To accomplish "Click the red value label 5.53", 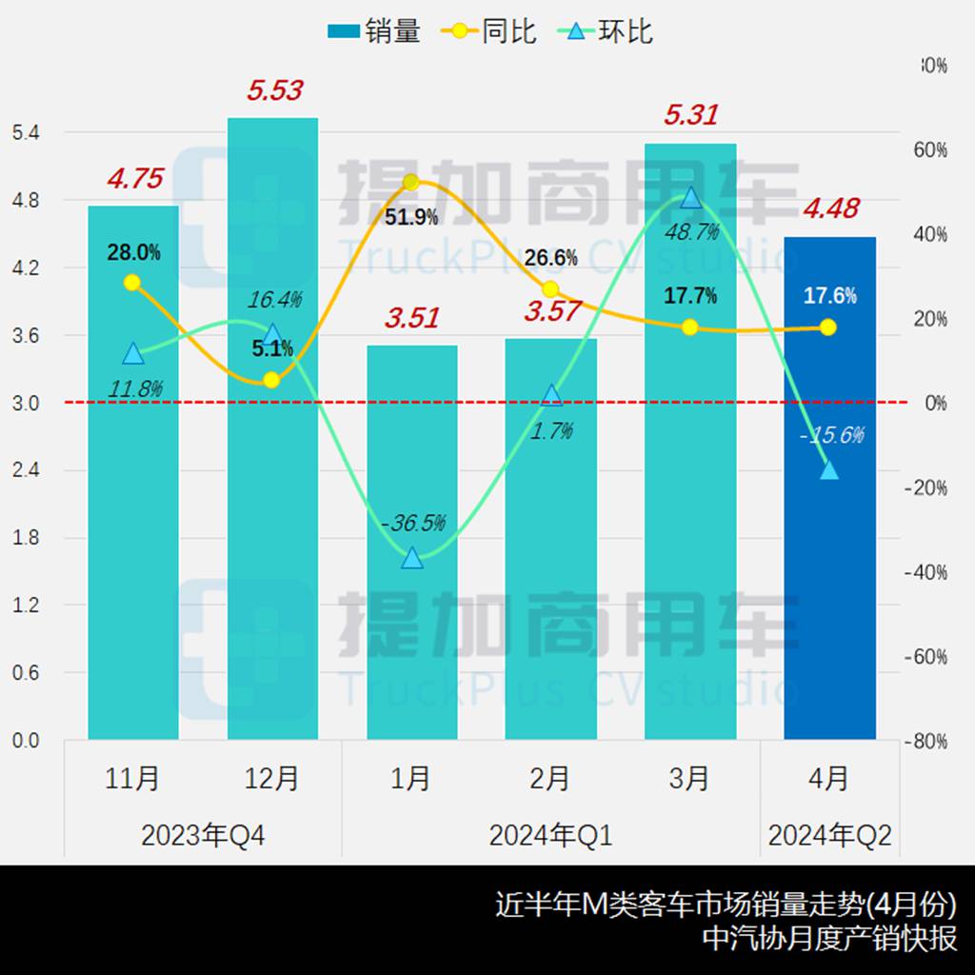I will point(274,90).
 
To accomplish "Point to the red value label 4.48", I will point(830,208).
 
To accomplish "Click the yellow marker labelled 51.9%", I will point(411,182).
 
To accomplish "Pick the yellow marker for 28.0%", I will point(132,282).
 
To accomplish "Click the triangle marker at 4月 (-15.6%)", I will point(829,470).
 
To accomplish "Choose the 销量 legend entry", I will point(373,31).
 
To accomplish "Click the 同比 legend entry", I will point(489,31).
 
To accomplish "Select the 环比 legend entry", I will point(609,31).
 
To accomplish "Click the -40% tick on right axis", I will point(925,572).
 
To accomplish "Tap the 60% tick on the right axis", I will point(928,149).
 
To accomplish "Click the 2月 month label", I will point(550,779).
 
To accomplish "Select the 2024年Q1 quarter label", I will point(550,836).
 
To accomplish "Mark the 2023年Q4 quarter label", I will point(203,836).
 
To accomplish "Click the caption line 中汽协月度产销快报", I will point(829,938).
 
